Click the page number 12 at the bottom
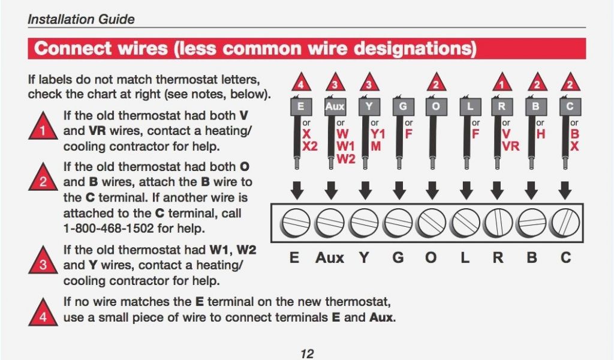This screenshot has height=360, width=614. click(308, 354)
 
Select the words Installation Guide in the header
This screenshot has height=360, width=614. click(81, 19)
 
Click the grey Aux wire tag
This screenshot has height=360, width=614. click(335, 106)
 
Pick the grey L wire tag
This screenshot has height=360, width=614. click(470, 106)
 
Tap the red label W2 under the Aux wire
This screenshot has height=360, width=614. click(346, 159)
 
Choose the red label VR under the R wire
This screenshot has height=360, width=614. click(511, 146)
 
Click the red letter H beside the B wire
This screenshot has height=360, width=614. click(541, 134)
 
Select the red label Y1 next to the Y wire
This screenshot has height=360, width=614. click(378, 134)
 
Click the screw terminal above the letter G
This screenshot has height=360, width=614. click(399, 223)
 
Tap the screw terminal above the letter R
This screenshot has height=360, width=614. click(498, 223)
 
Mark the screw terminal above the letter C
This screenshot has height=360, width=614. click(565, 223)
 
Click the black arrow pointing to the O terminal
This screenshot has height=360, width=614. click(432, 190)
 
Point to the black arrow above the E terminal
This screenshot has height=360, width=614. click(297, 190)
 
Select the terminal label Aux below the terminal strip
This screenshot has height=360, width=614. click(330, 258)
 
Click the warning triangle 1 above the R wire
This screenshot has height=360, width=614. click(502, 82)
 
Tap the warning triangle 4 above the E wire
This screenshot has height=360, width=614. click(301, 82)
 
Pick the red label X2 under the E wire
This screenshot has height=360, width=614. click(310, 146)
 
